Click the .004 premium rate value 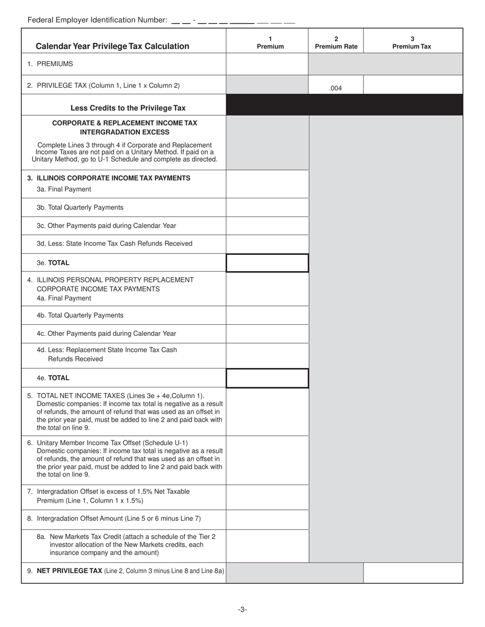click(335, 88)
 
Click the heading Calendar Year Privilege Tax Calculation click(112, 46)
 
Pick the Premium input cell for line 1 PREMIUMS click(267, 64)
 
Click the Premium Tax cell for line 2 click(413, 85)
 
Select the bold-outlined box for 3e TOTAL click(267, 263)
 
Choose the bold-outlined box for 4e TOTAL click(267, 378)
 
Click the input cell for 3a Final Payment click(267, 184)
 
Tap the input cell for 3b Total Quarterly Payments click(267, 207)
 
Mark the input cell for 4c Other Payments click(267, 333)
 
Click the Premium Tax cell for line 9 click(413, 572)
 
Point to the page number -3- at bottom click(243, 609)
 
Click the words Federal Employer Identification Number click(97, 20)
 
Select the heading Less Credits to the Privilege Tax click(128, 108)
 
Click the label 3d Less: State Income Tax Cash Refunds click(114, 244)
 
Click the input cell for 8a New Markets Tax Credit click(267, 545)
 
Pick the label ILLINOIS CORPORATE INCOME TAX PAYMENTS click(113, 178)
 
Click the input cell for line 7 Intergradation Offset click(267, 497)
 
